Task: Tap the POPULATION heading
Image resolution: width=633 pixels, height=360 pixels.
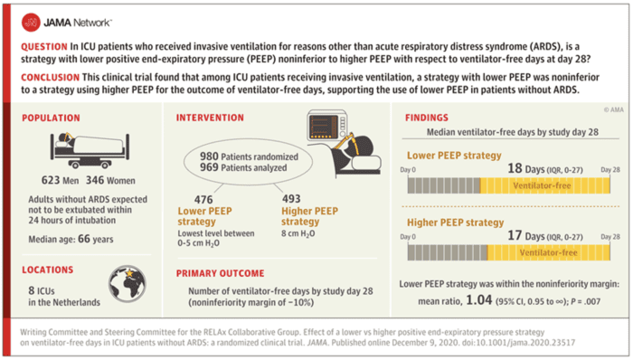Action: [52, 118]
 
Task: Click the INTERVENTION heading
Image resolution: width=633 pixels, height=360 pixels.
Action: [213, 118]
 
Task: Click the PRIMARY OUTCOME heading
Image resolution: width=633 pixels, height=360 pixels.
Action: [223, 271]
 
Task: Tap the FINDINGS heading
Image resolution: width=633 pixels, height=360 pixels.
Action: [427, 118]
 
